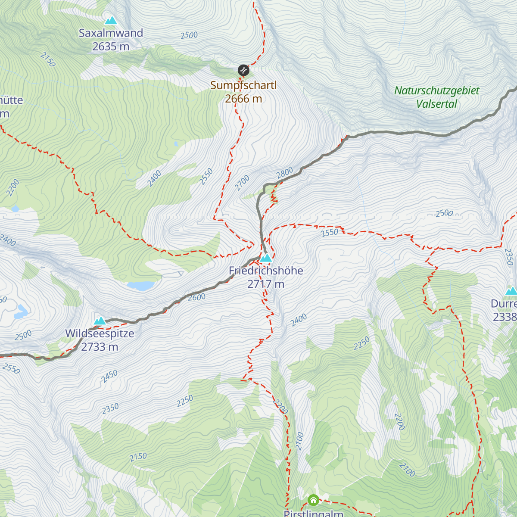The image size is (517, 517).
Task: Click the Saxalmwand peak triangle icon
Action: (111, 20)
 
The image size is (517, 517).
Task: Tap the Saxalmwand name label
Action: (111, 33)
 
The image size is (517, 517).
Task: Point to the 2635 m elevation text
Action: (111, 47)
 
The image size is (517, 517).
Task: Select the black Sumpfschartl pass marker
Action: (243, 70)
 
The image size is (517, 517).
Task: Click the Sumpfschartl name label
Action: (243, 85)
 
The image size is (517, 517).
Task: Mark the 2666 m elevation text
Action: (243, 99)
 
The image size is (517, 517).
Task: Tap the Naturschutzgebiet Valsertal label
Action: (437, 97)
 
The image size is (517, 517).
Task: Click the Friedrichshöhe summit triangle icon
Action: (266, 258)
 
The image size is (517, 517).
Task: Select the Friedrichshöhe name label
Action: (266, 271)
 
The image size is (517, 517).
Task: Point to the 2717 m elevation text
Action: (266, 284)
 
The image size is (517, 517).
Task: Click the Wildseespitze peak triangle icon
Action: (100, 321)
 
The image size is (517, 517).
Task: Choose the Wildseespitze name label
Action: (100, 333)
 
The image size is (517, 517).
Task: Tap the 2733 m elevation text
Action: (100, 347)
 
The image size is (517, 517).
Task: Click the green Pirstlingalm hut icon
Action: (313, 500)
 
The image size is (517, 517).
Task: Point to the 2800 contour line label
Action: (285, 173)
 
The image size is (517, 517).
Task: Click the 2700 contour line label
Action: (242, 183)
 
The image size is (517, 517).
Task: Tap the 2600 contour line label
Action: (197, 297)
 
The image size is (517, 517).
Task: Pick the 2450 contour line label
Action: (109, 377)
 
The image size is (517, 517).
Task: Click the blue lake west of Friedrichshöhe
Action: (140, 286)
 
